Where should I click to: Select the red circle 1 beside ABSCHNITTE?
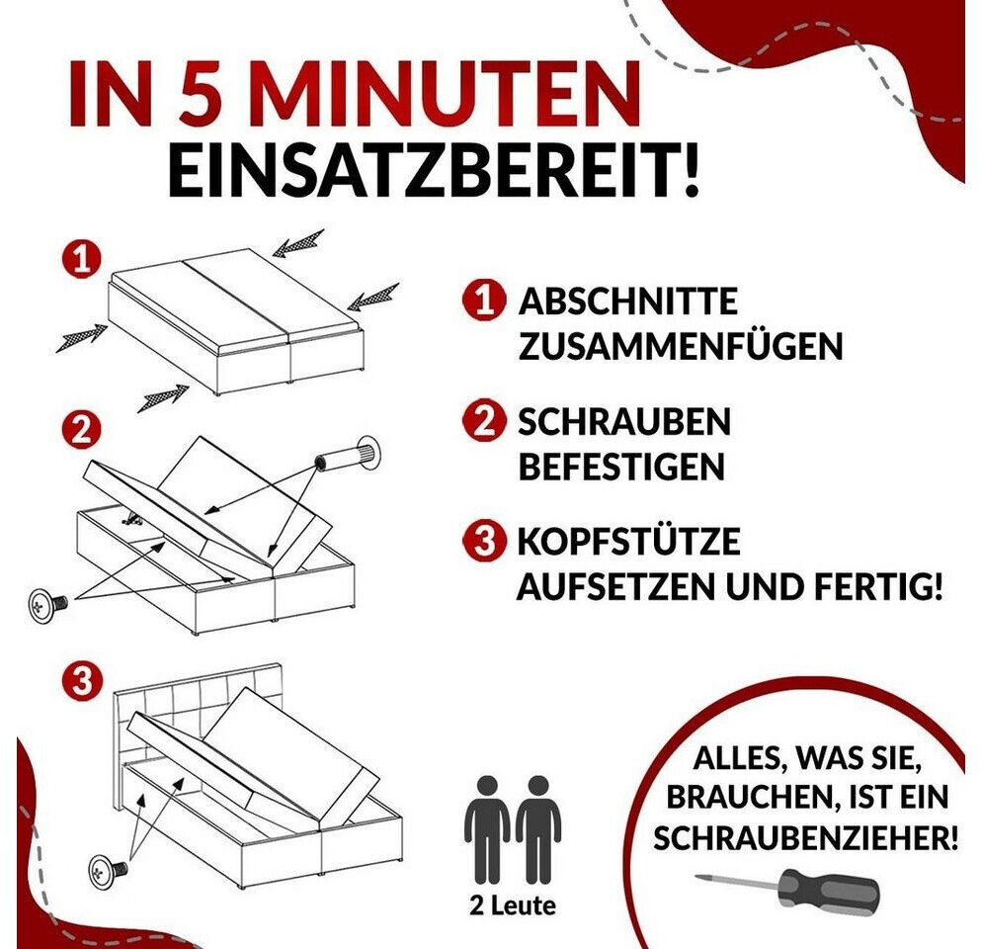[x=484, y=302]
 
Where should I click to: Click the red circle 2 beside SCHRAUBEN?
[x=484, y=421]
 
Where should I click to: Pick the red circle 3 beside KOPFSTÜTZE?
[x=484, y=540]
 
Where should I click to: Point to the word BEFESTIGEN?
[x=621, y=467]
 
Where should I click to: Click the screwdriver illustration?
[x=787, y=891]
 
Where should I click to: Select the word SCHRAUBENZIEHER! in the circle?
[x=805, y=837]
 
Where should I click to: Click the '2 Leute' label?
[x=513, y=906]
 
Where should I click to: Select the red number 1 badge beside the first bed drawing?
[x=81, y=259]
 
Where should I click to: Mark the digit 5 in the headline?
[x=204, y=93]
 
